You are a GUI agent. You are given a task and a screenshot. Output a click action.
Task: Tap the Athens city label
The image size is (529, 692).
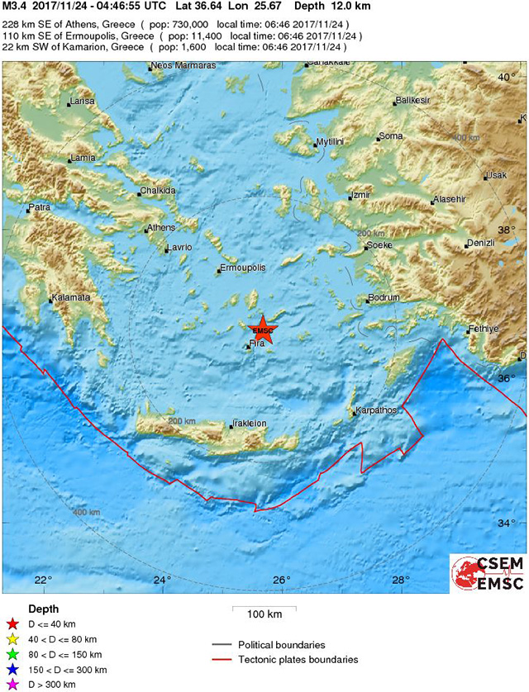coord(160,228)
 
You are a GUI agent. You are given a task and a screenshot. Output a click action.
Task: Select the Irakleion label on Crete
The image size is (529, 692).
coord(250,424)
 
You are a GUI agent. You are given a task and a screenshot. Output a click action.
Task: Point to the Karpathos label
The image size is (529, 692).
coord(377,410)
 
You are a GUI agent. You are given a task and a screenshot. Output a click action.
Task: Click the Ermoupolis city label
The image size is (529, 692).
coord(243,268)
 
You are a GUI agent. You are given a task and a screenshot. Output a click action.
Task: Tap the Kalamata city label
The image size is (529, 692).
coord(72,297)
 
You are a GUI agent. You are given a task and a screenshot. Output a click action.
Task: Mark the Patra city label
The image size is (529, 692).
coord(40,207)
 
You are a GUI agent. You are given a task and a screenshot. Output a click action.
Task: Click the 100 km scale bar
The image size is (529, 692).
coord(264,612)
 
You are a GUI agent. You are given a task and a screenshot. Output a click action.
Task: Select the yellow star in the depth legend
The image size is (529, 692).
coord(12,639)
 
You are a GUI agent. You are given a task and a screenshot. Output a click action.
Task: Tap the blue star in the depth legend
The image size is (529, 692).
coord(12,669)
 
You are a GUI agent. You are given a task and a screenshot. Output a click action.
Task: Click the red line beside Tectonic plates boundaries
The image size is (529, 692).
coord(222,660)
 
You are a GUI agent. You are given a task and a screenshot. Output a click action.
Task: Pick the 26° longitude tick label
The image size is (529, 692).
coord(282,579)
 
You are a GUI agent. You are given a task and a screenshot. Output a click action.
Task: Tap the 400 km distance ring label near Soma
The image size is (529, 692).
coord(467,137)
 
